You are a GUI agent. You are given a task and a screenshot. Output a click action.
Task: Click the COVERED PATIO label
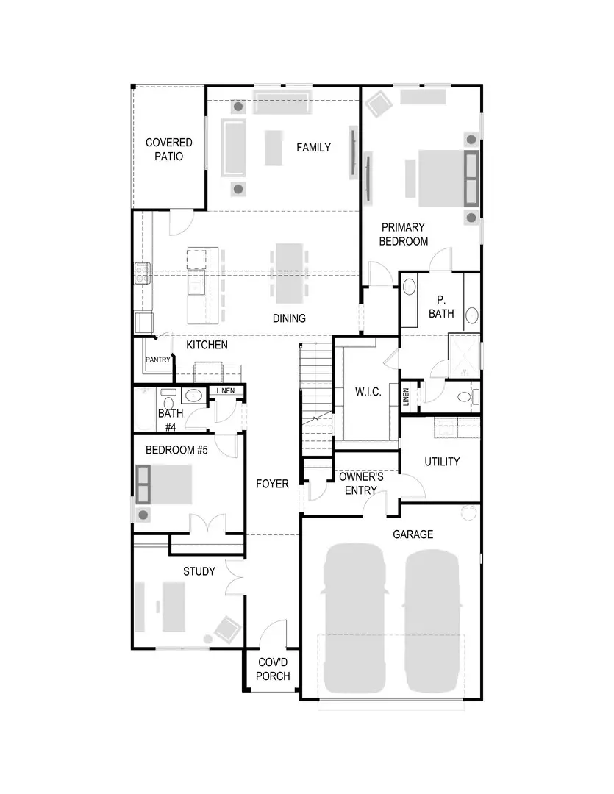pyautogui.click(x=168, y=149)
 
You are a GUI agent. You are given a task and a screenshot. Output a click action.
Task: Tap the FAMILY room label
pyautogui.click(x=313, y=147)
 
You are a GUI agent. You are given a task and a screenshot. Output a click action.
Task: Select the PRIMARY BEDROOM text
pyautogui.click(x=404, y=234)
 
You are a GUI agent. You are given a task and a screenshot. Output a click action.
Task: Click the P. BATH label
pyautogui.click(x=441, y=307)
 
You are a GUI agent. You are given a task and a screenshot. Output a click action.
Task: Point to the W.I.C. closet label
pyautogui.click(x=368, y=392)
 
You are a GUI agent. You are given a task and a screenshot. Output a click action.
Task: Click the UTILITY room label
pyautogui.click(x=442, y=461)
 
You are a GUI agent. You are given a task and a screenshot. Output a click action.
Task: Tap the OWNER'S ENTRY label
pyautogui.click(x=361, y=483)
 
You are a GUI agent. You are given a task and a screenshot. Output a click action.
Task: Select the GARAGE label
pyautogui.click(x=413, y=534)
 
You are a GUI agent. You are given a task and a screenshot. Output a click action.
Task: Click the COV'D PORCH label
pyautogui.click(x=273, y=668)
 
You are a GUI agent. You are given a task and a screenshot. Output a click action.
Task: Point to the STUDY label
pyautogui.click(x=199, y=571)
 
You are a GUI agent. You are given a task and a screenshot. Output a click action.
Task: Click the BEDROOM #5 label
pyautogui.click(x=176, y=450)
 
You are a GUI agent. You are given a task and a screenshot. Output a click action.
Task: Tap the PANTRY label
pyautogui.click(x=157, y=360)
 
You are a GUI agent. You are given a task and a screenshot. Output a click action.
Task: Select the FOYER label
pyautogui.click(x=272, y=484)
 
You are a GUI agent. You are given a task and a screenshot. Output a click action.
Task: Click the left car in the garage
pyautogui.click(x=356, y=618)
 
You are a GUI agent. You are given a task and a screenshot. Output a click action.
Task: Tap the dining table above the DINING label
pyautogui.click(x=288, y=273)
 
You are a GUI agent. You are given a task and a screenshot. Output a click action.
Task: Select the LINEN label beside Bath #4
pyautogui.click(x=226, y=390)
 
